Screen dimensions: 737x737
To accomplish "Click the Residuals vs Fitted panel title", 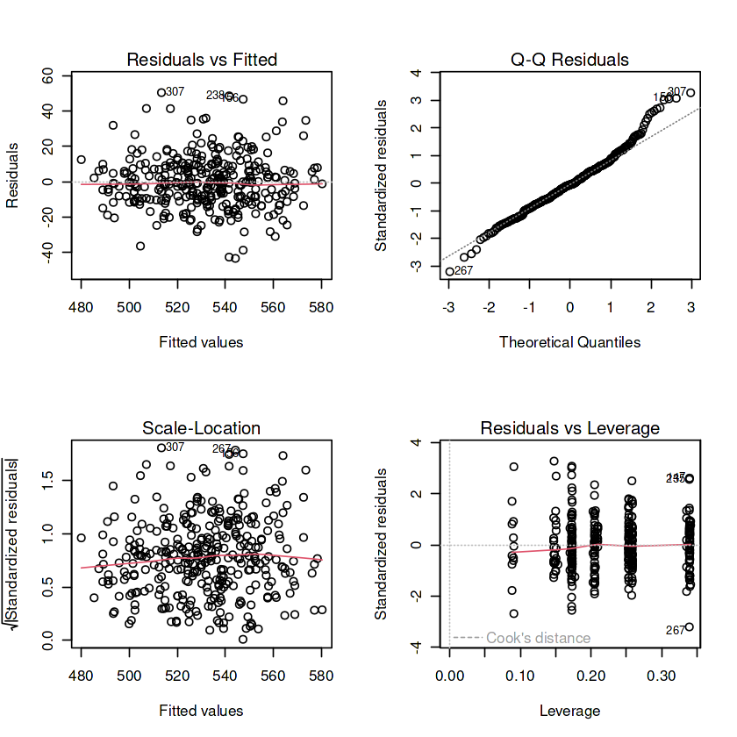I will (x=202, y=61).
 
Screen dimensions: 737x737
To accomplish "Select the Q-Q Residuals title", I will (x=569, y=61).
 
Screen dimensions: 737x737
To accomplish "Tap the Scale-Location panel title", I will (x=202, y=429).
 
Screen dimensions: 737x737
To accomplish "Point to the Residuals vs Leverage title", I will (x=569, y=429).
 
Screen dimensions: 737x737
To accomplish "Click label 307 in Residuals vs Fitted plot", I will (x=175, y=92).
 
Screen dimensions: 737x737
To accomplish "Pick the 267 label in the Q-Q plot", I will (x=464, y=271).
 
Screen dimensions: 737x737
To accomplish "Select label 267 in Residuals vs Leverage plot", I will (x=675, y=630).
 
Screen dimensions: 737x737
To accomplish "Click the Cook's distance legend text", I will (x=538, y=638).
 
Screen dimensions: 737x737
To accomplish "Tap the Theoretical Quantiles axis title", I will (x=569, y=342).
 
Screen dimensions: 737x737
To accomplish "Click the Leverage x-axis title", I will (x=569, y=711).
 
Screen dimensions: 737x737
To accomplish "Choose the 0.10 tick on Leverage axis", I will (x=520, y=677).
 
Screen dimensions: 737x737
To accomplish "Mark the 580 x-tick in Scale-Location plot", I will (x=321, y=677).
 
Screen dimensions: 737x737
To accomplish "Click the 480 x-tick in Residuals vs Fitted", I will (x=82, y=309).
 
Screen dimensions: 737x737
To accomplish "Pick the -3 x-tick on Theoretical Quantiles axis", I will (x=448, y=309).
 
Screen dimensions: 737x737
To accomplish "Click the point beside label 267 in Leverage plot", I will (x=690, y=626).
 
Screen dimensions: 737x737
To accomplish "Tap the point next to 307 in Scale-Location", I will (x=161, y=447).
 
